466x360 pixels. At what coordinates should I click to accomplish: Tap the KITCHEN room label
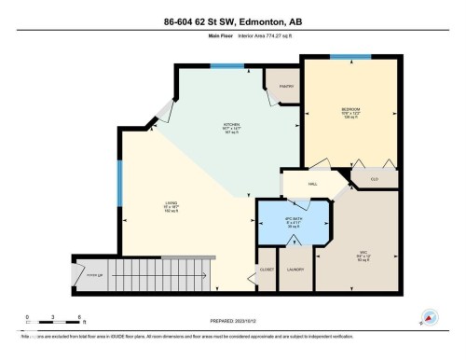coord(230,124)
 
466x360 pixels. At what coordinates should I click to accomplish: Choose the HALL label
coord(300,184)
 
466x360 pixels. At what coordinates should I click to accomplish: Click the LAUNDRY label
coord(295,270)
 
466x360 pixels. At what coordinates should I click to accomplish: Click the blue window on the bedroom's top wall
coord(349,56)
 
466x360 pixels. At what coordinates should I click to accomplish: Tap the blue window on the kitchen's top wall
coord(222,65)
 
